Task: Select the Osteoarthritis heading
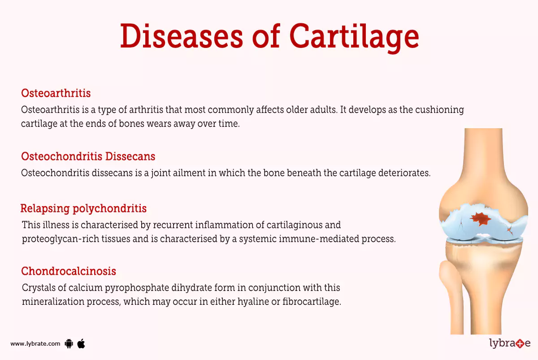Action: (56, 93)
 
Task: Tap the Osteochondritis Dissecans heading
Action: (88, 156)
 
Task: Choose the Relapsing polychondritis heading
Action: (83, 208)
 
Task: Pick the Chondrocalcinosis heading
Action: (69, 271)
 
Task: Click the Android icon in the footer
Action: (69, 344)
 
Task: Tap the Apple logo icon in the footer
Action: (81, 343)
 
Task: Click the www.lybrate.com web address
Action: (35, 344)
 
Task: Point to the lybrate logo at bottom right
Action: (509, 344)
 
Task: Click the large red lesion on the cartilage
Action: (481, 218)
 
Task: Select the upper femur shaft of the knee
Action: (481, 152)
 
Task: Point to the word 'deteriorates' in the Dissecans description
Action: (404, 173)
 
